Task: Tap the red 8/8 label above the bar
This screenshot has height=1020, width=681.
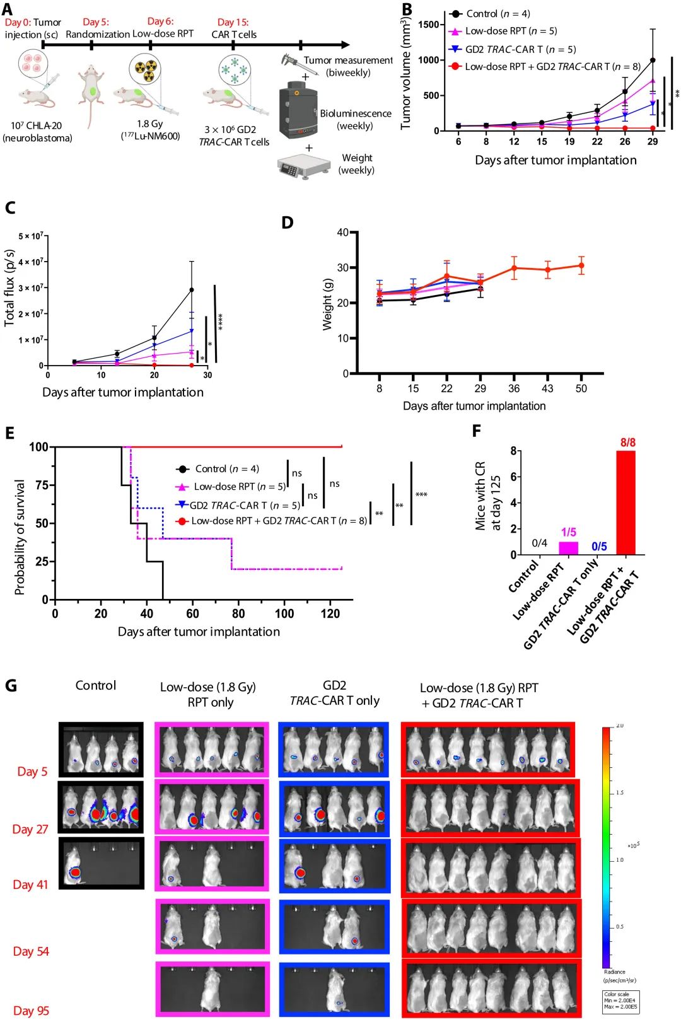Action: coord(627,443)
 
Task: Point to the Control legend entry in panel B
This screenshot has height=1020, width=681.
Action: coord(489,13)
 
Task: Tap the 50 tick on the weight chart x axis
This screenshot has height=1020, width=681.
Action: coord(581,388)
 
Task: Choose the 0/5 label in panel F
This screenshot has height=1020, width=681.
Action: coord(599,546)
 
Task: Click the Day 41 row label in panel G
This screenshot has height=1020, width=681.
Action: coord(30,884)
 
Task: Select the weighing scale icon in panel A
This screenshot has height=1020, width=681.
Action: coord(304,166)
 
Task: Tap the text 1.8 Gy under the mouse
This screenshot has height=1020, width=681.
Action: coord(150,124)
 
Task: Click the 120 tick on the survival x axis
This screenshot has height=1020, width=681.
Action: coord(330,613)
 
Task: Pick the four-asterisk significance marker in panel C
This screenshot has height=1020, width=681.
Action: coord(221,322)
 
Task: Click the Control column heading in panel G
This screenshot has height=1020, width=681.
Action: coord(96,685)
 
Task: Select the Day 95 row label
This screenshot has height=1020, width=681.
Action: coord(31,1011)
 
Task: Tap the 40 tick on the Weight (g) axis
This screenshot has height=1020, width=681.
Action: coord(342,232)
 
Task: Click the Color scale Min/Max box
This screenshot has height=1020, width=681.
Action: coord(621,1001)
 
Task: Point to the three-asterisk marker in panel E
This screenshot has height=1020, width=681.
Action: coord(421,495)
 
